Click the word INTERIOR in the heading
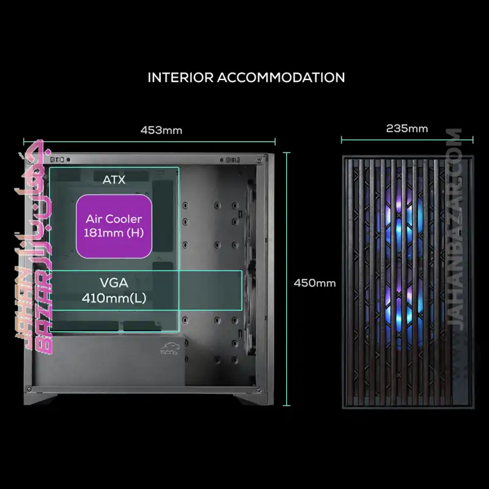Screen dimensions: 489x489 [x=180, y=78]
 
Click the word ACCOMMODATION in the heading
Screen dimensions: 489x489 [x=281, y=78]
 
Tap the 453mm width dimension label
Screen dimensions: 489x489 [x=161, y=130]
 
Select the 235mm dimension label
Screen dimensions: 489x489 [x=407, y=128]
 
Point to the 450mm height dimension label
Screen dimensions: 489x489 [x=315, y=283]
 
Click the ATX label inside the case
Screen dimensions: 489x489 [x=114, y=180]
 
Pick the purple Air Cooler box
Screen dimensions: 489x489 [x=114, y=226]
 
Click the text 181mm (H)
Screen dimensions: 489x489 [x=114, y=233]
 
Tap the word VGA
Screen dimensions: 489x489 [x=114, y=282]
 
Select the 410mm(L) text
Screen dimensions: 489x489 [x=114, y=298]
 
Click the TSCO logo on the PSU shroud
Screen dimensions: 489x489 [x=169, y=348]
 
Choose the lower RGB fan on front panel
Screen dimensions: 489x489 [x=400, y=307]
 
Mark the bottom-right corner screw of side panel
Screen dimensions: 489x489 [x=259, y=390]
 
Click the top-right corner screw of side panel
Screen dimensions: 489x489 [x=259, y=161]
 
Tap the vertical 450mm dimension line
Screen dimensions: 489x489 [x=287, y=279]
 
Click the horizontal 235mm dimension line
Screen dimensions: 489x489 [x=407, y=140]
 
